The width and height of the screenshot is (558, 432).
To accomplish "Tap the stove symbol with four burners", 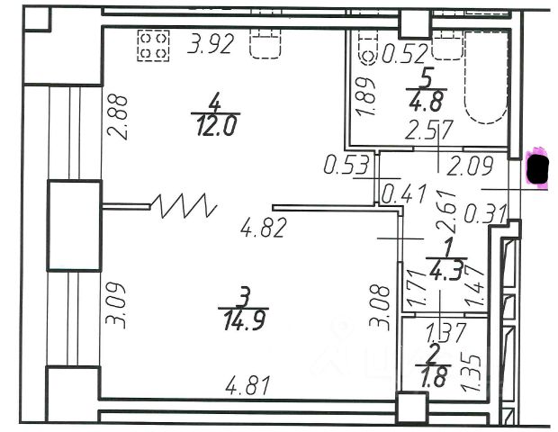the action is (153, 46).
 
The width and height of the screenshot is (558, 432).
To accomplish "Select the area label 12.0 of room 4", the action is (215, 126).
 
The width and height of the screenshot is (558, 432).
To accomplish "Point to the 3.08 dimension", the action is (382, 306).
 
